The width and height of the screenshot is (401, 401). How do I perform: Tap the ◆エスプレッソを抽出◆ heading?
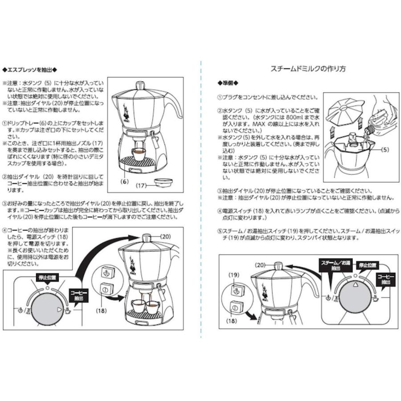pyautogui.click(x=31, y=70)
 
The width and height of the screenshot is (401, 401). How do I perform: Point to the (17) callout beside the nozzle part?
pyautogui.click(x=141, y=185)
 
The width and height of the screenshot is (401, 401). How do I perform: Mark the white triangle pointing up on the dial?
pyautogui.click(x=355, y=283)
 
